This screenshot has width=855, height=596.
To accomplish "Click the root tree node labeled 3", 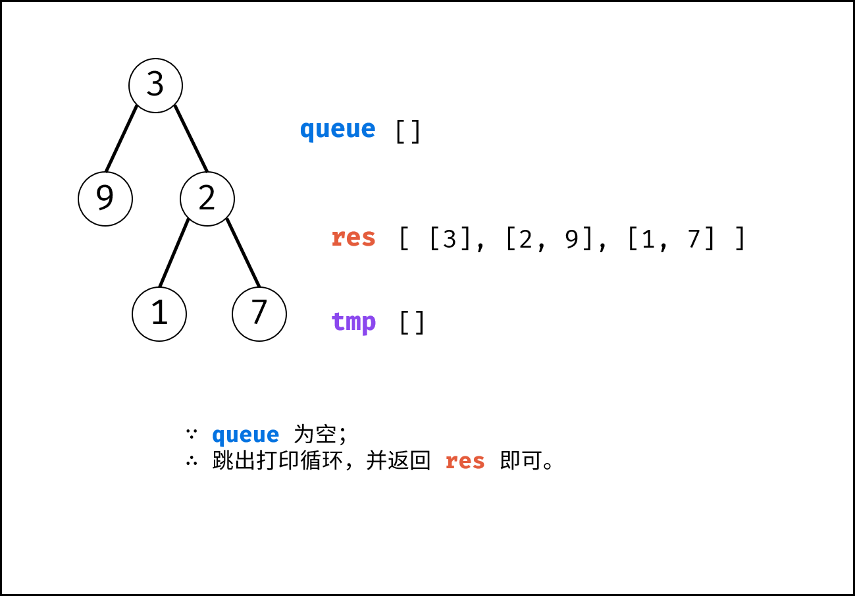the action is (156, 86).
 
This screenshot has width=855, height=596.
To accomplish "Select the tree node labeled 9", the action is (105, 199).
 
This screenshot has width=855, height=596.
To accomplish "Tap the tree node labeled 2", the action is (207, 199).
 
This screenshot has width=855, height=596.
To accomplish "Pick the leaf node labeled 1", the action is (159, 314).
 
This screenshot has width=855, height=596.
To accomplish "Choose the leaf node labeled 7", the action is (259, 314).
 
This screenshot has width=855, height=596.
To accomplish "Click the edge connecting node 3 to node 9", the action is (121, 138).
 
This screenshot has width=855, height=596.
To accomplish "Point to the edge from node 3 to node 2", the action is (191, 138).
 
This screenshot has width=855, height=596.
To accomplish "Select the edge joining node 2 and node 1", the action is (174, 253).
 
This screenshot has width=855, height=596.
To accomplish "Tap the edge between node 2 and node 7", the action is (243, 253).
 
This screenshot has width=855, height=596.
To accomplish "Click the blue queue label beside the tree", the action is (338, 130).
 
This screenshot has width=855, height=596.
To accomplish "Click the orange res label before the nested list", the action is (353, 238).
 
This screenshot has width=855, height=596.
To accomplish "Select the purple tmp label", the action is (354, 323).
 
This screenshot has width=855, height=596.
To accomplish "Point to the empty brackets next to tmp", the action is (412, 323).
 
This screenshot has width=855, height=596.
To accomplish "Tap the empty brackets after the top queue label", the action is (408, 132).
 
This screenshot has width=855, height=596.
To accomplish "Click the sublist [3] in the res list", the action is (450, 239).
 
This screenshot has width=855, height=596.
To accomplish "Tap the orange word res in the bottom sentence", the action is (465, 462).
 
